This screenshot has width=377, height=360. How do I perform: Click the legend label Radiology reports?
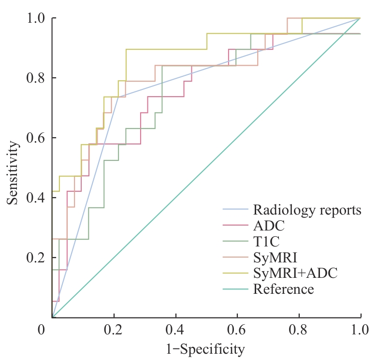click(307, 210)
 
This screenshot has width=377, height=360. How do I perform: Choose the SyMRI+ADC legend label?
click(295, 274)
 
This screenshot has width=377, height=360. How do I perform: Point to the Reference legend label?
click(283, 289)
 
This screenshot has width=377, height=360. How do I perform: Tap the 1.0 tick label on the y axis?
click(35, 18)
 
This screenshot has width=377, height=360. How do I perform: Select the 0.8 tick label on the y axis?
click(35, 78)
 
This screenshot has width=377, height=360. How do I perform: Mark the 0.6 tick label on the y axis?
click(35, 138)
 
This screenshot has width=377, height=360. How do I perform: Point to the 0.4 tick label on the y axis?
click(35, 198)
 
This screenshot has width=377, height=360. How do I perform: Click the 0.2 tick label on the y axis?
click(35, 258)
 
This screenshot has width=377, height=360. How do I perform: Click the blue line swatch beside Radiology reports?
click(235, 210)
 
